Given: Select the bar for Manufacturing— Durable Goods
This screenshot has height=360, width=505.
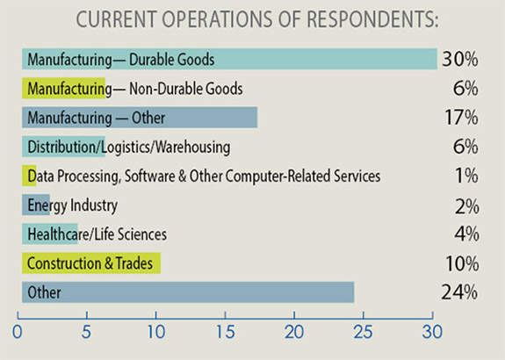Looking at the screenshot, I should pos(229,60).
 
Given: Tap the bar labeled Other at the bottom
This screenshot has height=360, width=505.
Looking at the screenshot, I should pos(188,292).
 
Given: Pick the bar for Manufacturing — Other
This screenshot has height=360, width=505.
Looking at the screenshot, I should pos(139,118).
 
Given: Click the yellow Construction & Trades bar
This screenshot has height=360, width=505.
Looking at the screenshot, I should pos(90,263).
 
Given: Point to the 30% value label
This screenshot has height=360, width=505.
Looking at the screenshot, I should pos(460,60).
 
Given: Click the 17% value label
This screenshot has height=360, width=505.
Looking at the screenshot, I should pos(460,118).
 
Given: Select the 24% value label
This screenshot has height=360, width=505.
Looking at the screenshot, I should pos(460,292).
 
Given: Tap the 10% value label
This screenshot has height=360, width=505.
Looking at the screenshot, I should pos(460,263).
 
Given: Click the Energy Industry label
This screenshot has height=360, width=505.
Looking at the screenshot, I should pos(71,206).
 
